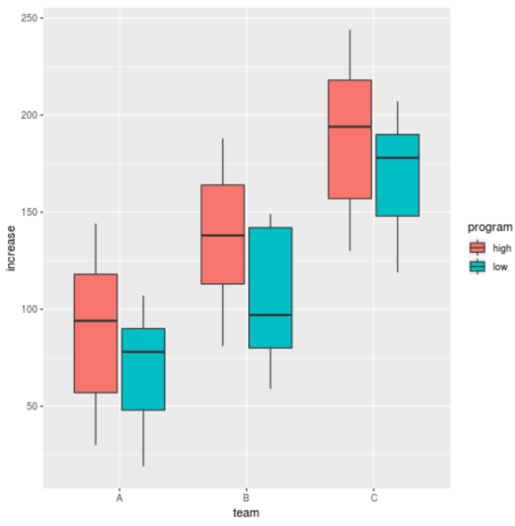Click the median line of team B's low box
coord(270,315)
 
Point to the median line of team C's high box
coord(349,127)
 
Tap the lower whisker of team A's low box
coord(143,438)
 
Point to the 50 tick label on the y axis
coord(31,407)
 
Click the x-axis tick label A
coord(119,499)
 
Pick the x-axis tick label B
coord(246,499)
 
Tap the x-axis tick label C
coord(374,499)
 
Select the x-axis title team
coord(246,514)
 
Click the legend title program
coord(490,227)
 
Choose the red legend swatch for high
coord(477,248)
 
